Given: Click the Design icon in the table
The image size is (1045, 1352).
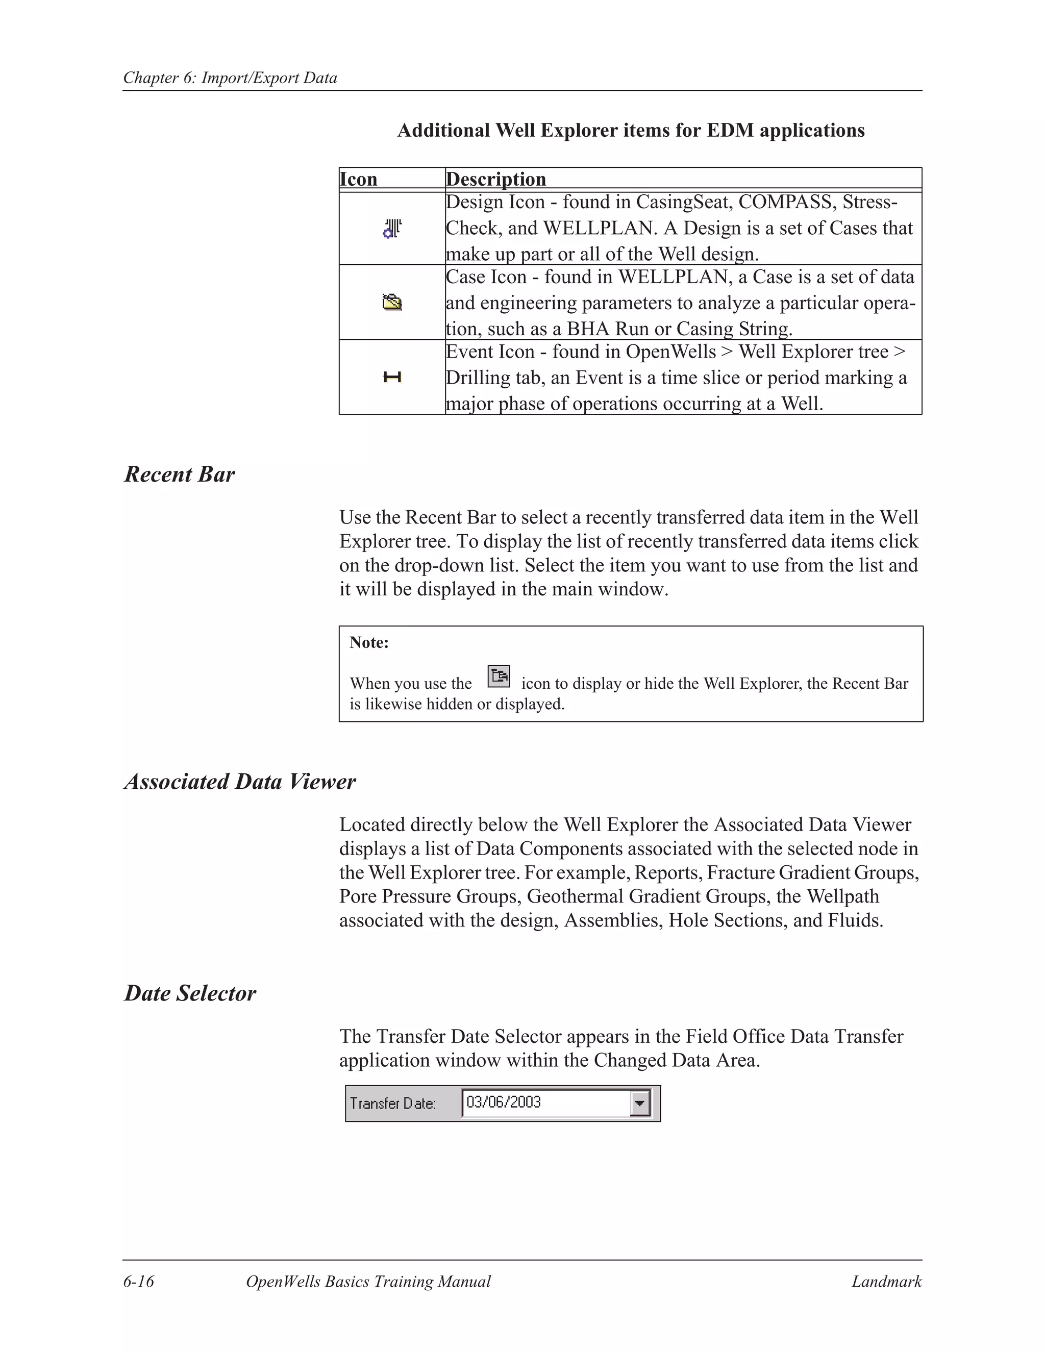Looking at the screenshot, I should tap(392, 229).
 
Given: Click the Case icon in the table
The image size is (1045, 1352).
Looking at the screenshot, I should tap(392, 303).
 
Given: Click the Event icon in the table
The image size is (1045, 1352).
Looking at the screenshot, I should tap(392, 377).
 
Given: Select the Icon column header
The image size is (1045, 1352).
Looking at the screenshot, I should tap(358, 179).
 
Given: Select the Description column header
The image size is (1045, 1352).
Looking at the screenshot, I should tap(496, 179).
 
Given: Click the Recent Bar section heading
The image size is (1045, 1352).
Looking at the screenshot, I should tap(180, 474).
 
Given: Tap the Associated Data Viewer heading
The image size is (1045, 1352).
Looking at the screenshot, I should tap(240, 781).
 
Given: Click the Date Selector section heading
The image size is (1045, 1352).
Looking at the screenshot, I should tap(190, 993).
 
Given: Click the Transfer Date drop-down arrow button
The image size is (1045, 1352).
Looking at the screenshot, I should tap(640, 1103).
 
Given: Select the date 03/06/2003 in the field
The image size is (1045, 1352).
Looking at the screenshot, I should tap(503, 1102).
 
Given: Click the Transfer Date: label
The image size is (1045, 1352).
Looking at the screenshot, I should tap(392, 1103).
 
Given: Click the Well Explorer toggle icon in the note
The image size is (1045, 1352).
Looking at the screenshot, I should tap(499, 676).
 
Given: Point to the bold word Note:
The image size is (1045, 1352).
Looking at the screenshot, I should tap(369, 642).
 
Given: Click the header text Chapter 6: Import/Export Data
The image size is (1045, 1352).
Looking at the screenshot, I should tap(230, 78).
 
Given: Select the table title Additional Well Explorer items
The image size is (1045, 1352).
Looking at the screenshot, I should tap(631, 131).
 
